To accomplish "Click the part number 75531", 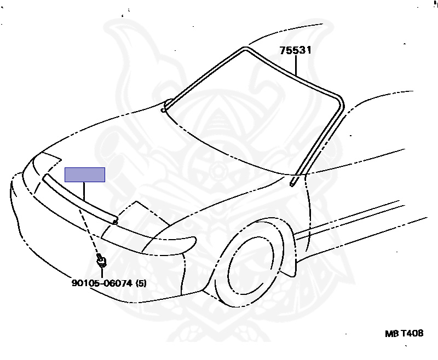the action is (x=295, y=51).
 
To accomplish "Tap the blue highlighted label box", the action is (x=85, y=175).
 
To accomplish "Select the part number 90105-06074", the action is (x=102, y=283).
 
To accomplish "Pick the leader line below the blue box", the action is (x=84, y=189).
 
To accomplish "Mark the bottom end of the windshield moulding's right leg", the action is (x=293, y=182).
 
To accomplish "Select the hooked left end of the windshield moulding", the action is (x=163, y=110).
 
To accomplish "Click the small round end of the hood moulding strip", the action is (x=114, y=222).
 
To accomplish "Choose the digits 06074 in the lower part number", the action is (x=119, y=283).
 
